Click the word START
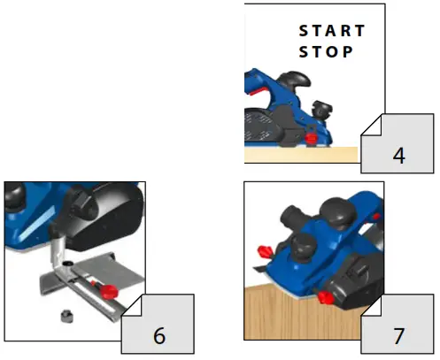click(x=332, y=31)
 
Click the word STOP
click(x=326, y=52)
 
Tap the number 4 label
click(x=398, y=155)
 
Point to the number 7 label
click(x=399, y=334)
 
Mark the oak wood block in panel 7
click(x=292, y=318)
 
